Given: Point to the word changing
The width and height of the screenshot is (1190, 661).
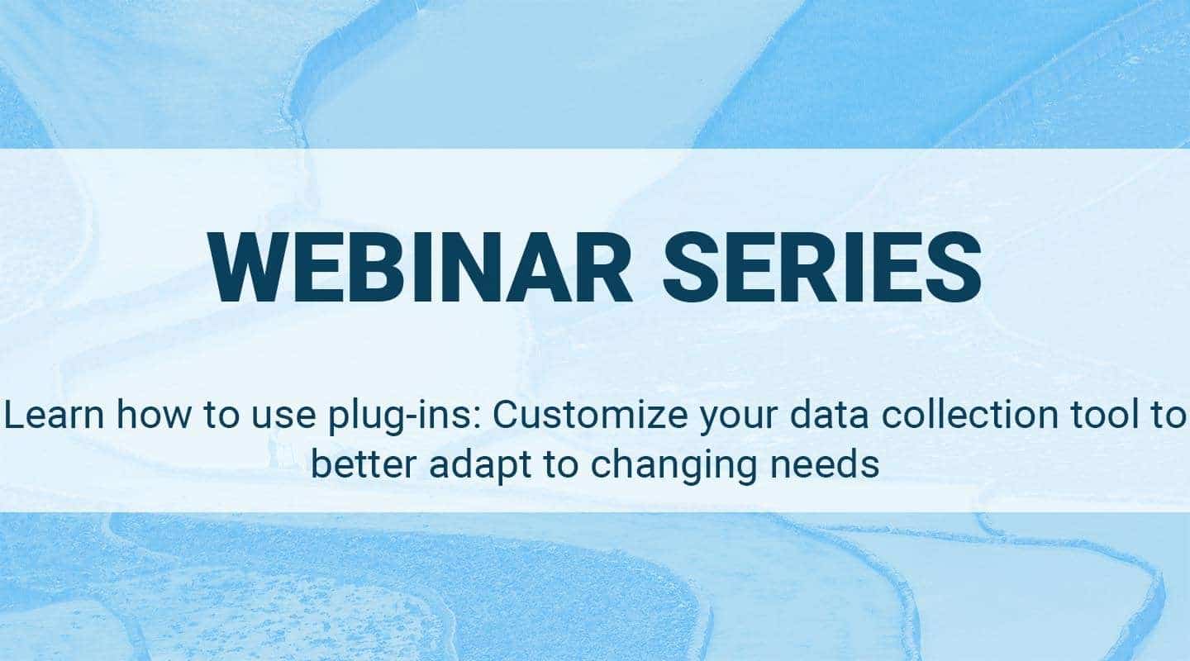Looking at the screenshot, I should (666, 466).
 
